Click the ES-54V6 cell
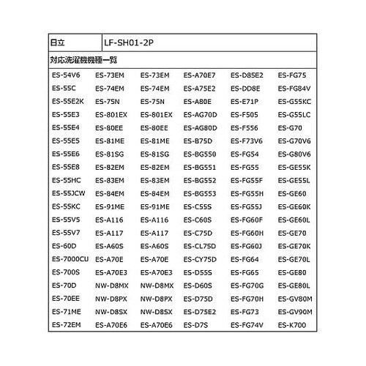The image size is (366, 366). (x=67, y=75)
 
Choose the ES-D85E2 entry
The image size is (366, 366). (x=247, y=75)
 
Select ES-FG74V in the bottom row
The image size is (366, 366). (x=247, y=324)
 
